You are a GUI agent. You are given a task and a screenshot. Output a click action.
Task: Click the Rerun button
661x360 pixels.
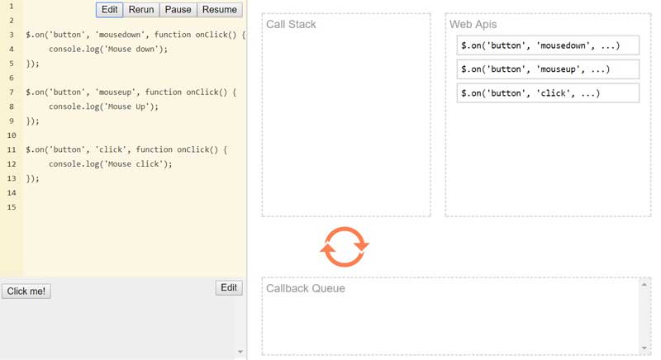141,10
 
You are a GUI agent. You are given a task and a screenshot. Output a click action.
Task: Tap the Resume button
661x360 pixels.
220,10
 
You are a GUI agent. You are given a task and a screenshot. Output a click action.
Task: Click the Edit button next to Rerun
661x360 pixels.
110,10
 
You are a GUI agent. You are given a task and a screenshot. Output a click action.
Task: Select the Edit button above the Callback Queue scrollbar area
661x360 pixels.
229,287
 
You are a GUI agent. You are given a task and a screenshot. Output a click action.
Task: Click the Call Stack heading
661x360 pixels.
291,25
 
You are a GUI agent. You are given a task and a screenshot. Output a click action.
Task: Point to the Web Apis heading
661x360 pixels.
473,25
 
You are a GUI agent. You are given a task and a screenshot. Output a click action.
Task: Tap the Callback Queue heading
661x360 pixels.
306,288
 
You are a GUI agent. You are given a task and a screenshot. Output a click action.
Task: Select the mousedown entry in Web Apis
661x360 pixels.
548,45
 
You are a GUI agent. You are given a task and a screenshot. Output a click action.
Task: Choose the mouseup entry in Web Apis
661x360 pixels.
548,69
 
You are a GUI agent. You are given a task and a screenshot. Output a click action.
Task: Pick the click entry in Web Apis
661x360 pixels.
548,93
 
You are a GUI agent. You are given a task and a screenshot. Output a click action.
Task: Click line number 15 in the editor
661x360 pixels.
12,207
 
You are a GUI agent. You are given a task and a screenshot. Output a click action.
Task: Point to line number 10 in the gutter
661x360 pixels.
12,135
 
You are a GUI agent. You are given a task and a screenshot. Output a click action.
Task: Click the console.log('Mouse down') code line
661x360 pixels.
108,50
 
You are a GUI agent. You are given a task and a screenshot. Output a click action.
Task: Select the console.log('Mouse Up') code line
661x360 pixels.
104,107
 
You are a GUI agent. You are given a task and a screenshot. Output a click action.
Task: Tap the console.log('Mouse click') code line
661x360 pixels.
111,164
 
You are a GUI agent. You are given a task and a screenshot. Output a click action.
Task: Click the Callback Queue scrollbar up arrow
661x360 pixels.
644,285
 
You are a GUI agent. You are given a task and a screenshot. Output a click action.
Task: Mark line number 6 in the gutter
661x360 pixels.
12,78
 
